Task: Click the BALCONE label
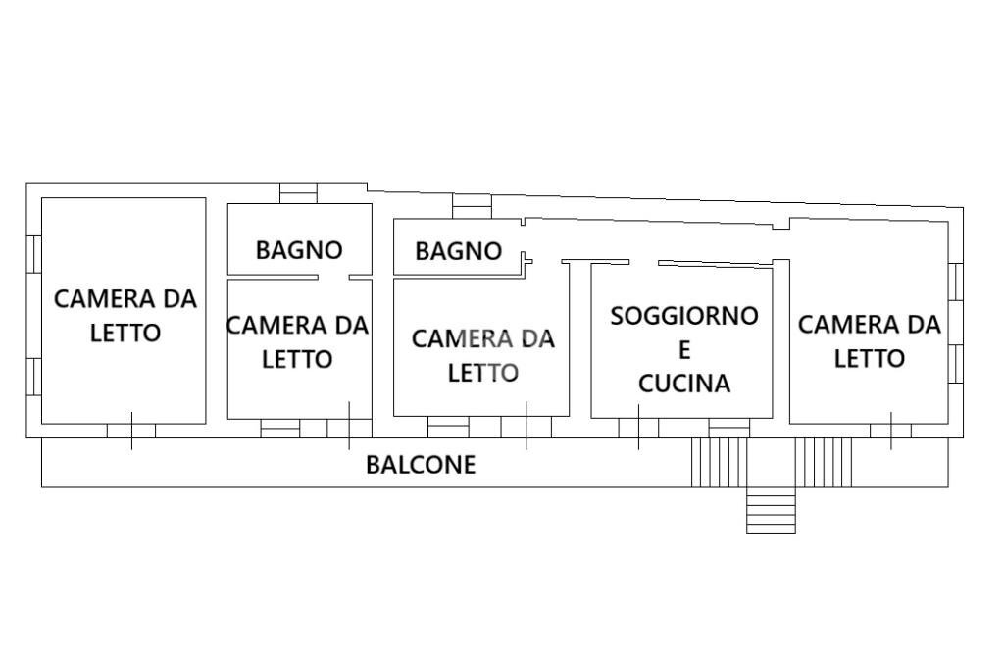coord(421,465)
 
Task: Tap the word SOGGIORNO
coord(684,316)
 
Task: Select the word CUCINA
coord(684,384)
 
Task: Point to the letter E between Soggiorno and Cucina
coord(684,350)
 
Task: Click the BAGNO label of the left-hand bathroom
coord(299,250)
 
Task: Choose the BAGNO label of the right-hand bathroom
coord(458,251)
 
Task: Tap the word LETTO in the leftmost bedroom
coord(125,334)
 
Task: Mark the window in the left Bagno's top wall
coord(298,193)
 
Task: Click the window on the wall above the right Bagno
coord(471,206)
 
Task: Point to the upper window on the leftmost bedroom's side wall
coord(33,253)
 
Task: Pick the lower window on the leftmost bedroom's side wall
coord(33,376)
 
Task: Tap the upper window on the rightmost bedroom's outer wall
coord(956,282)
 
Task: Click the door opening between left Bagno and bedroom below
coord(333,278)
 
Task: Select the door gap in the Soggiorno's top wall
coord(643,262)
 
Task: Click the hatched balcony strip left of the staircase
coord(719,462)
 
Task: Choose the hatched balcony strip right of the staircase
coord(823,462)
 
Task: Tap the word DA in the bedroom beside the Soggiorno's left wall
coord(537,339)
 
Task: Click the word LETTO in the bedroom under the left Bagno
coord(297,360)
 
